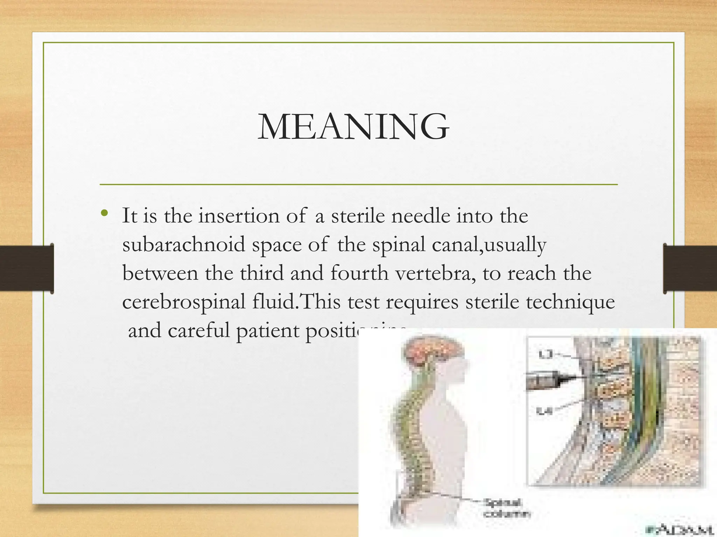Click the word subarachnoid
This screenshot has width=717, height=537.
click(183, 244)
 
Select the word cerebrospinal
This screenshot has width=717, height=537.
click(183, 302)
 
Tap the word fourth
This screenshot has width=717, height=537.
click(359, 273)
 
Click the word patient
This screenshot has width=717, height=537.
click(267, 330)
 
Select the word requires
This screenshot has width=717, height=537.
click(422, 302)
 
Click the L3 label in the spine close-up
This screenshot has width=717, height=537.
click(545, 355)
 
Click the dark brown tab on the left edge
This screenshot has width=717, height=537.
click(27, 268)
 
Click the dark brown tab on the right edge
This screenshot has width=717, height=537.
click(690, 268)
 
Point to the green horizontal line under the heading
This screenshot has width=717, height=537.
click(358, 184)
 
